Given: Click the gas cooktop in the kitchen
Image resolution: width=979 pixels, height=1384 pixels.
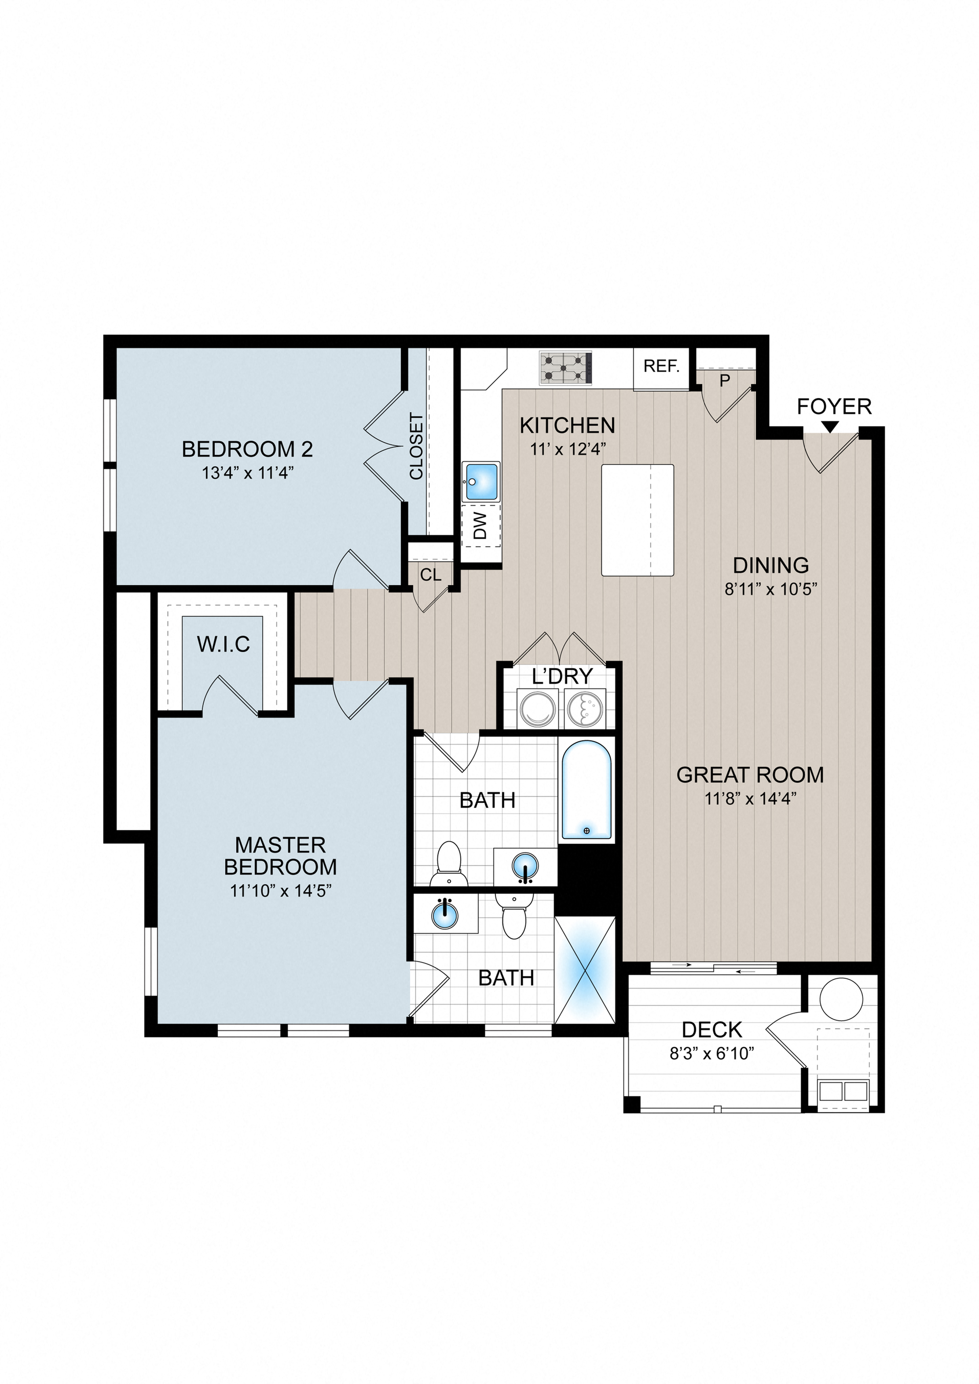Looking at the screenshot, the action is point(565,368).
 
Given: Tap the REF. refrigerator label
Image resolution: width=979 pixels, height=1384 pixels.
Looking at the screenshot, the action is point(661,366).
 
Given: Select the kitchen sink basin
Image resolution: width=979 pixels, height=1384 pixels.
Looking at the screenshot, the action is point(481,481).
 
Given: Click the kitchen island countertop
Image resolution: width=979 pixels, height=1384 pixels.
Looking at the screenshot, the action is point(638,520).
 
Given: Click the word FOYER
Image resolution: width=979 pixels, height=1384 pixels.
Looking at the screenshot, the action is point(834,406).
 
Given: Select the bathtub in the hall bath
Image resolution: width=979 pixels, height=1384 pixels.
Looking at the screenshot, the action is point(587,790).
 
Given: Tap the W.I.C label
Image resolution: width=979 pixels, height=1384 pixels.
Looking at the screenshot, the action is point(223,644).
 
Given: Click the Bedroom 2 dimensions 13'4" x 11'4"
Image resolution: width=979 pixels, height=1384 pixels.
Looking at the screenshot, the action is point(248,472).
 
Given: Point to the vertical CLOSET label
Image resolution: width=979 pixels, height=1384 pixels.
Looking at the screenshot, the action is point(416,446).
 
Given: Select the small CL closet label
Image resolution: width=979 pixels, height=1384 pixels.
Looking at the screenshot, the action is point(430,575).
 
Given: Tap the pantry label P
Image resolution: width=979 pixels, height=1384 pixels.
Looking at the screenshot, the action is point(725,381).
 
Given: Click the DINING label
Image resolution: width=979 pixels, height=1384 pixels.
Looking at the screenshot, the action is point(771,565).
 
